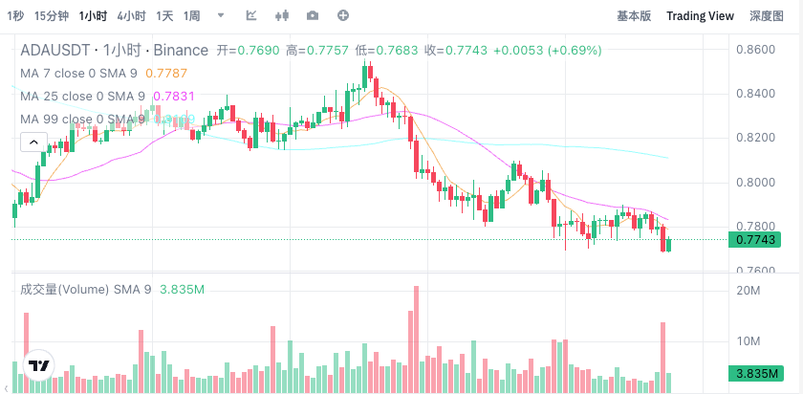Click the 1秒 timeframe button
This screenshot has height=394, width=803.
click(14, 16)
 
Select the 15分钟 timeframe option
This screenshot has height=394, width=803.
click(50, 16)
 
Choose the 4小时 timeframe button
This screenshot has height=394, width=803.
click(131, 16)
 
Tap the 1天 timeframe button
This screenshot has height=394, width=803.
click(165, 16)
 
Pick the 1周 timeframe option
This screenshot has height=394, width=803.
click(192, 16)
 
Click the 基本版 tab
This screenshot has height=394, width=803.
click(634, 16)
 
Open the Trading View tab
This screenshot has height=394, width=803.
click(700, 16)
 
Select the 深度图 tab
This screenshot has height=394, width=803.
click(766, 16)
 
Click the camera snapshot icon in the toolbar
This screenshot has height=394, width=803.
click(313, 16)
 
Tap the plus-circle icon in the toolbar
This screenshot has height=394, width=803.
click(343, 16)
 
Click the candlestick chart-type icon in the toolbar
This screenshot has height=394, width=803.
click(281, 16)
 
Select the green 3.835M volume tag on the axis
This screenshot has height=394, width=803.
click(754, 374)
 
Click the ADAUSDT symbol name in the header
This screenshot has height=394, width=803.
click(55, 50)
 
